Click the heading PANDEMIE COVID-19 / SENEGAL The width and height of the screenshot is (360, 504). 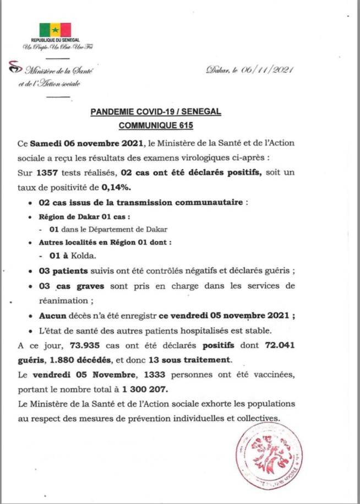coord(155,112)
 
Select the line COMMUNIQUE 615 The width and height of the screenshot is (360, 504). coord(156,126)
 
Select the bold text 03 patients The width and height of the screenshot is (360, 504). coord(63,271)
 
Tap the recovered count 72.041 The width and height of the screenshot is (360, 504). coord(279,345)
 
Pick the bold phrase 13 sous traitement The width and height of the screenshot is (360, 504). coord(187,360)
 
